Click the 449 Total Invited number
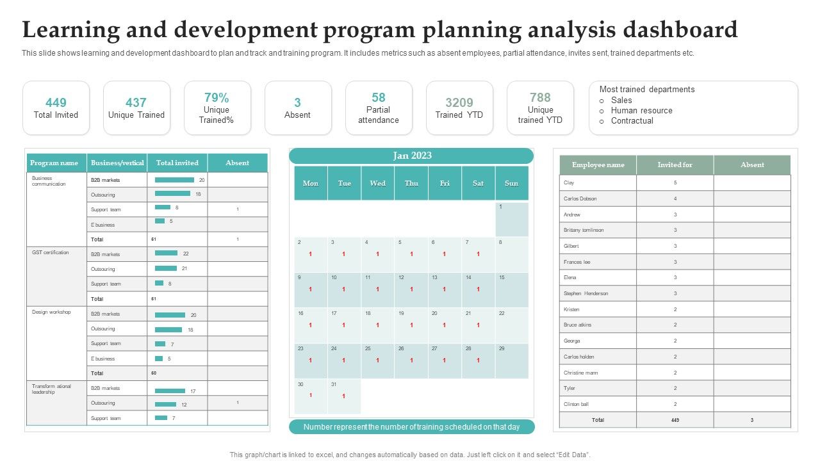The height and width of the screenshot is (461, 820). pyautogui.click(x=56, y=102)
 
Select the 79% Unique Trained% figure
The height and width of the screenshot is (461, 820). pyautogui.click(x=217, y=97)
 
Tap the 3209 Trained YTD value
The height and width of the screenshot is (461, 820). pyautogui.click(x=459, y=102)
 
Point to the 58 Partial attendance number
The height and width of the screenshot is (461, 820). pyautogui.click(x=379, y=97)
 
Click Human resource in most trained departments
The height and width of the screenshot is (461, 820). pyautogui.click(x=641, y=110)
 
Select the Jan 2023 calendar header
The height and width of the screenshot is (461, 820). pyautogui.click(x=411, y=156)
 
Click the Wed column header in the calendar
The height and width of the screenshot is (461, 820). pyautogui.click(x=378, y=183)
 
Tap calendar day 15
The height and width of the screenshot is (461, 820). pyautogui.click(x=502, y=278)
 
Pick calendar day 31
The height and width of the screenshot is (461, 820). pyautogui.click(x=334, y=384)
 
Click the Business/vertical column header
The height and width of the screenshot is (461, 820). pyautogui.click(x=117, y=163)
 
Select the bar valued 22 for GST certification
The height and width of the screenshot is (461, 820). pyautogui.click(x=166, y=254)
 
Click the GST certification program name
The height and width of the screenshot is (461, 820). pyautogui.click(x=51, y=252)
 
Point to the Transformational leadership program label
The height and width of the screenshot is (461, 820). pyautogui.click(x=51, y=389)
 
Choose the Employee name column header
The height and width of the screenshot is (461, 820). pyautogui.click(x=598, y=165)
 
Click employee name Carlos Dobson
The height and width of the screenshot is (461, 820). pyautogui.click(x=580, y=198)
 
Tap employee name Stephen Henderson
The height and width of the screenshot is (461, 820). pyautogui.click(x=586, y=293)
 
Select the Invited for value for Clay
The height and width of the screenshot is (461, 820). pyautogui.click(x=675, y=182)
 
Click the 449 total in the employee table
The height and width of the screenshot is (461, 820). pyautogui.click(x=675, y=420)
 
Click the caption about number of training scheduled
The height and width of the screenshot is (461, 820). pyautogui.click(x=411, y=427)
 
